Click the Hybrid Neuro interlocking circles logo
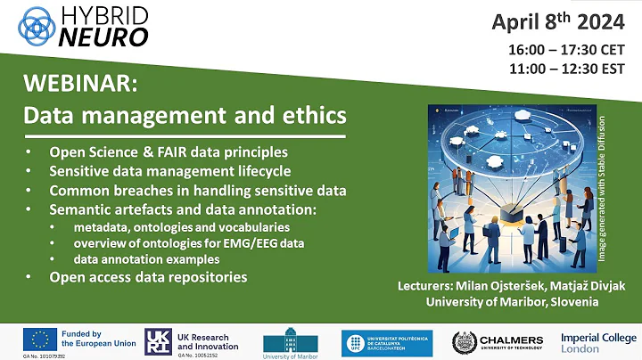(33, 24)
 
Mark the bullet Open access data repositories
(148, 277)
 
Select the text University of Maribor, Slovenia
(514, 304)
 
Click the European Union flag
(39, 339)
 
